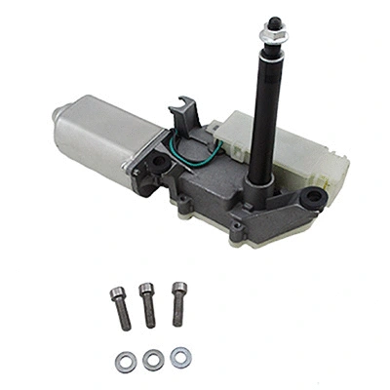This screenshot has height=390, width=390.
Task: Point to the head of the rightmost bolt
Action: (176, 288)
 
